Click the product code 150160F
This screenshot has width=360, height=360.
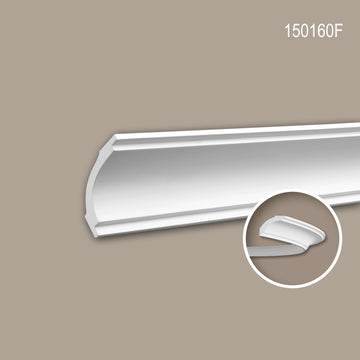[313, 31]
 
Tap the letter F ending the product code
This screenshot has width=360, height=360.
[339, 31]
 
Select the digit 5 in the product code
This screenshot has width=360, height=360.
[296, 31]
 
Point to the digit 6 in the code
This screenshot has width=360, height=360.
[320, 31]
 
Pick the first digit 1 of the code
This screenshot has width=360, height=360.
[287, 31]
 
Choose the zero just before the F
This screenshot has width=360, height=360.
[330, 31]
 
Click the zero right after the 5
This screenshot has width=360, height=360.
[305, 31]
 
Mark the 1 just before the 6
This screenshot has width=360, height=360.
[312, 31]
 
